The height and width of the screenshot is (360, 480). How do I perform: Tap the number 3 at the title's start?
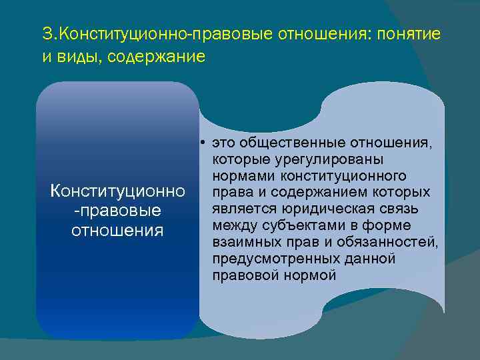tap(46, 33)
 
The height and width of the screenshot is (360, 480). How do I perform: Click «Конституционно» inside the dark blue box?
tap(118, 192)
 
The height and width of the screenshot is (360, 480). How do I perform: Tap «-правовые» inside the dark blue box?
tap(118, 211)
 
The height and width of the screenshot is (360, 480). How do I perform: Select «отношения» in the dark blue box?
tap(118, 231)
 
